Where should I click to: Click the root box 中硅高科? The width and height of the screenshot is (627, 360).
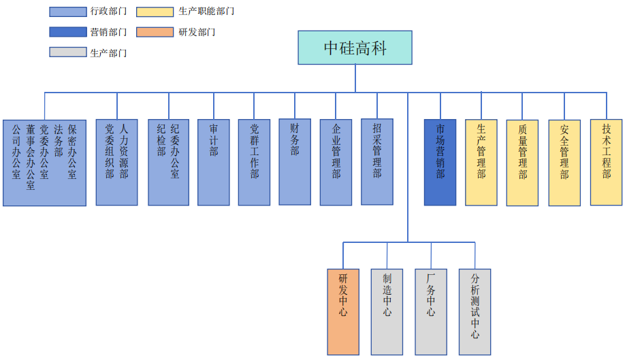tap(355, 48)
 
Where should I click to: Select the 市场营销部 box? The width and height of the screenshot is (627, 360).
tap(440, 162)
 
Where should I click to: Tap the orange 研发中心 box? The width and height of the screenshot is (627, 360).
tap(343, 311)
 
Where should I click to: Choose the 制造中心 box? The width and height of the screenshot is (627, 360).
tap(387, 311)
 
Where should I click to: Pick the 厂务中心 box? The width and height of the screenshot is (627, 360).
tap(431, 311)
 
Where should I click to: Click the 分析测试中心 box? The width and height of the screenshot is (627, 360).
tap(475, 311)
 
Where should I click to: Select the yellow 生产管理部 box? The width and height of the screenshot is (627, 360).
tap(481, 162)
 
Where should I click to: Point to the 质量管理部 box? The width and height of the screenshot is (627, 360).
tap(522, 162)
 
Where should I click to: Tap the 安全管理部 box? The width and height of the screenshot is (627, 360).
tap(564, 162)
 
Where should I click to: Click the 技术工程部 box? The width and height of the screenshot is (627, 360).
tap(606, 162)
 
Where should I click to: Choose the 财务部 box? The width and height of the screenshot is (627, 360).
tap(295, 161)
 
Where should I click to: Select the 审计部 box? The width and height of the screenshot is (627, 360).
tap(214, 162)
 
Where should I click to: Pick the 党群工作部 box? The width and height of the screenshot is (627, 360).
tap(254, 162)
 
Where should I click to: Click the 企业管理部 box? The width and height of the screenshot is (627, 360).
tap(336, 162)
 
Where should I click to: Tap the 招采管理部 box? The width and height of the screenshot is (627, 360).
tap(377, 161)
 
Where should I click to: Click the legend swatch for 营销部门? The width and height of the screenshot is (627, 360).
tap(68, 32)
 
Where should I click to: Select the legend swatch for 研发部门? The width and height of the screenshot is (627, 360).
tap(155, 32)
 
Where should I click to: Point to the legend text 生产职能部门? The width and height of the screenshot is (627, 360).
tap(206, 12)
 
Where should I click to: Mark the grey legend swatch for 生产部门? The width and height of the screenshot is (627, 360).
tap(68, 52)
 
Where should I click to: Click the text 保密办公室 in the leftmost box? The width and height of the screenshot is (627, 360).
tap(72, 151)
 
